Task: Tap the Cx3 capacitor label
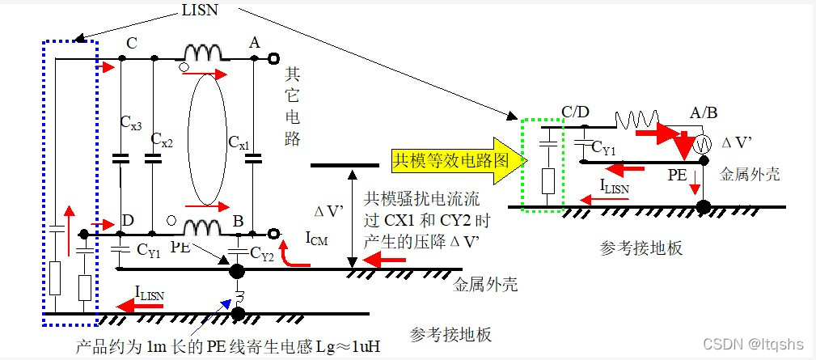point(132,124)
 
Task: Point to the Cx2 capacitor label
point(163,142)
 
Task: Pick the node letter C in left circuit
point(132,42)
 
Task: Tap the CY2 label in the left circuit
point(261,254)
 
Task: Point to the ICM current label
point(317,239)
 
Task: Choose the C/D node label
point(574,111)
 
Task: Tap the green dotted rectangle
point(543,165)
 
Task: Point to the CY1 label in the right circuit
point(605,148)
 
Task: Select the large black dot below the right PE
point(704,205)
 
